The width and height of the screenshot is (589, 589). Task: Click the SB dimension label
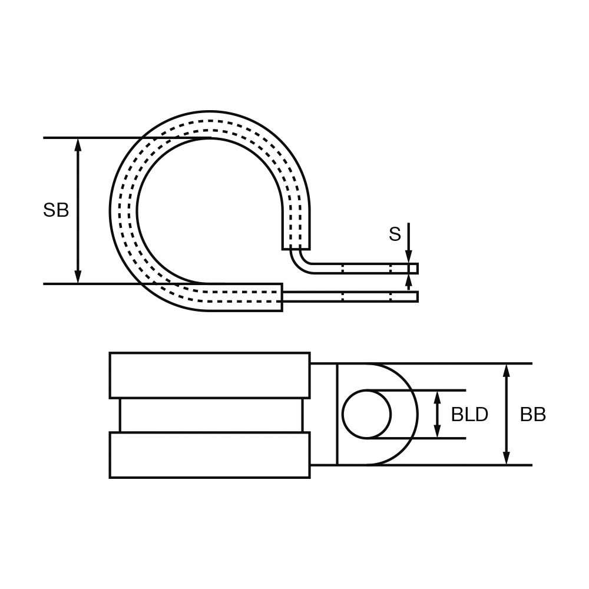pyautogui.click(x=56, y=210)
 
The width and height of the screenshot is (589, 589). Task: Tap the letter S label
pyautogui.click(x=395, y=234)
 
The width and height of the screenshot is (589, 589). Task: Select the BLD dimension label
pyautogui.click(x=469, y=414)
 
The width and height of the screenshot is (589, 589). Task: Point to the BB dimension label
pyautogui.click(x=533, y=414)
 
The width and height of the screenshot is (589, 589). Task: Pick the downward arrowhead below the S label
pyautogui.click(x=409, y=257)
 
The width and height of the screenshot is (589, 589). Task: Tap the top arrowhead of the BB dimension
pyautogui.click(x=507, y=370)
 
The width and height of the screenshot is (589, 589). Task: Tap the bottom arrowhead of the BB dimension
pyautogui.click(x=507, y=458)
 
